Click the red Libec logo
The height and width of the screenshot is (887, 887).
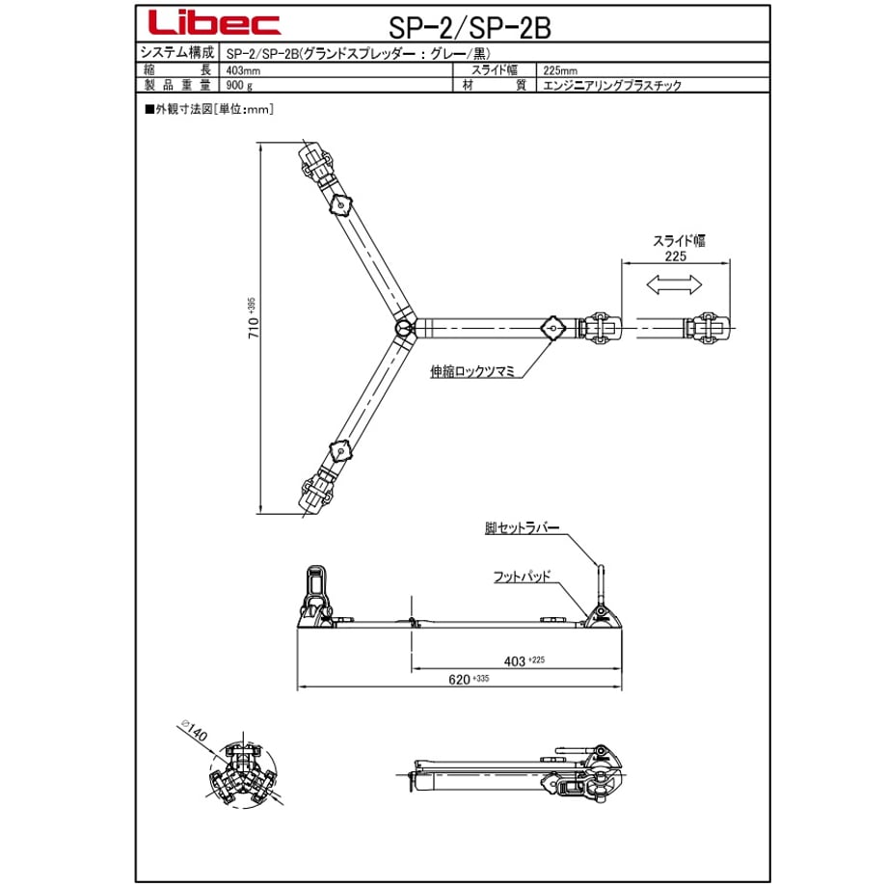[214, 24]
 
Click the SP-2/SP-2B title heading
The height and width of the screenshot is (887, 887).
[470, 27]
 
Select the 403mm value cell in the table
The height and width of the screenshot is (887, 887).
[243, 70]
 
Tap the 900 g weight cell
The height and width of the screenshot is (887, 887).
[239, 86]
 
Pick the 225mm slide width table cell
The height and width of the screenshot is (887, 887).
[560, 70]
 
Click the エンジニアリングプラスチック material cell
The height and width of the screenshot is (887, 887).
[612, 86]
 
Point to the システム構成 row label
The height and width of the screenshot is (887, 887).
[177, 53]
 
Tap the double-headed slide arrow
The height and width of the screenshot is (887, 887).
[674, 284]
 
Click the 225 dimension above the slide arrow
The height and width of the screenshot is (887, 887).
[676, 256]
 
